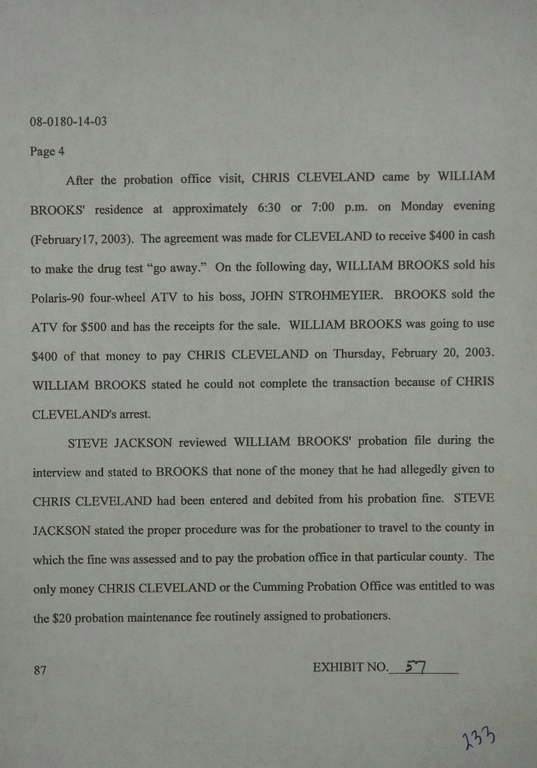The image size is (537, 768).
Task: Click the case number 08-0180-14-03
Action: [68, 121]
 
